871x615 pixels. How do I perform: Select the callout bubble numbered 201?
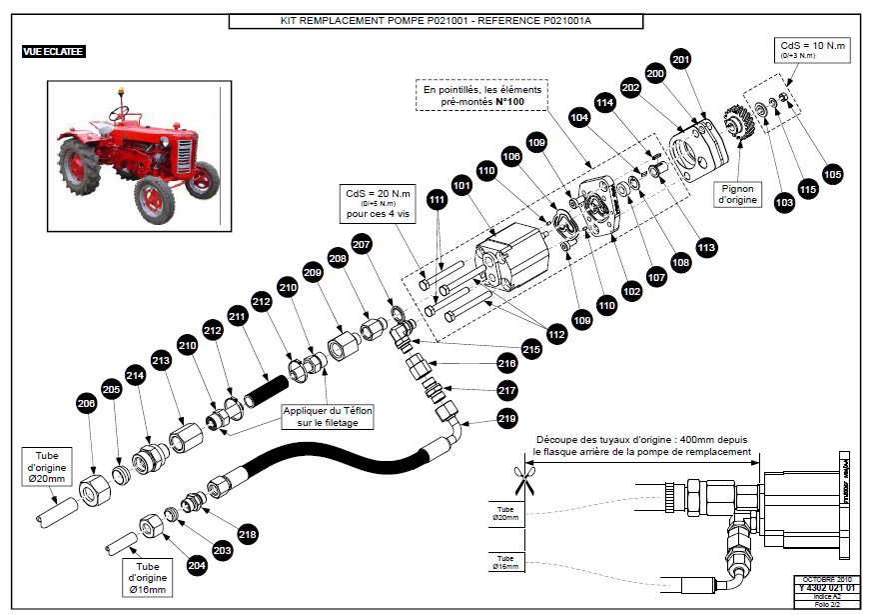point(680,59)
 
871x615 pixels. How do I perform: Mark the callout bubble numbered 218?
point(247,534)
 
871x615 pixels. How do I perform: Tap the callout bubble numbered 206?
point(85,403)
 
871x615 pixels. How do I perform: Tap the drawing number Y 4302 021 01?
point(825,588)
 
